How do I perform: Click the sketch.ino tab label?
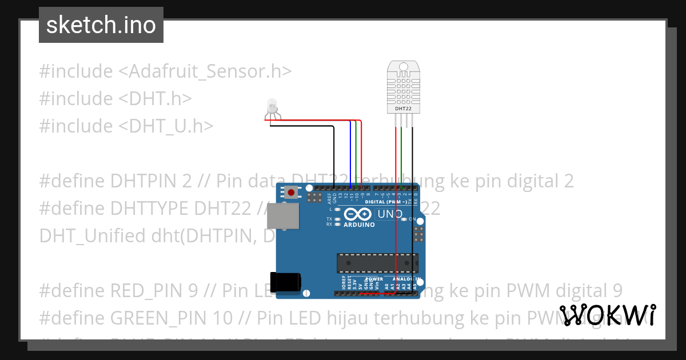coord(101,25)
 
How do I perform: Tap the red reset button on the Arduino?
coord(292,193)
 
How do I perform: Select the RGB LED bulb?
coord(272,106)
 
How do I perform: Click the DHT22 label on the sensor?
coord(404,108)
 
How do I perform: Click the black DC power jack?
coord(288,282)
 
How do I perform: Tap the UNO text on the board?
coord(389,214)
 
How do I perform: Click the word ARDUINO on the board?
coord(359,225)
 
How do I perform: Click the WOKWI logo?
coord(608,315)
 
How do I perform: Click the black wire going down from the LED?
coord(334,154)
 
